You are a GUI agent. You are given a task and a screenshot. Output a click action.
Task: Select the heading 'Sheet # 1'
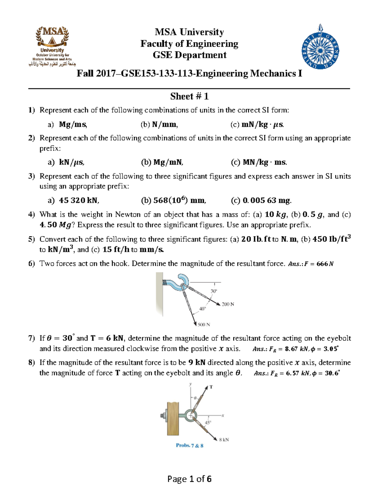(x=189, y=96)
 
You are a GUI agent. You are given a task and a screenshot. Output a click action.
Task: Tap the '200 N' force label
(x=228, y=304)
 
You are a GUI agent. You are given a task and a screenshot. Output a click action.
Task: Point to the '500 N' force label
(x=204, y=325)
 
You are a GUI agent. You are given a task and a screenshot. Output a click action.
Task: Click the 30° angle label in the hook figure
(x=214, y=291)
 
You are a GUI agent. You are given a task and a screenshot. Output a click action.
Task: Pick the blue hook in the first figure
(x=179, y=282)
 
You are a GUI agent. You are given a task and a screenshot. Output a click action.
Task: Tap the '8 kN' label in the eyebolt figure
(x=224, y=440)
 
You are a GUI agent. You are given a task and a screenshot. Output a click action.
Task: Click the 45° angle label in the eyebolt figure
(x=208, y=423)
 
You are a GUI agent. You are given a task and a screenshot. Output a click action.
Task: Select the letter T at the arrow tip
(x=211, y=387)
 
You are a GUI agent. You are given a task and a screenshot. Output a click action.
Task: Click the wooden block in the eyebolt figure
(x=173, y=418)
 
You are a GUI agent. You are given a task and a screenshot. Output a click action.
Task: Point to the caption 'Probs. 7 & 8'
(x=189, y=446)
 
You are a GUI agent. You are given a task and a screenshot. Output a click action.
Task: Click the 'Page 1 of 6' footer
(x=189, y=479)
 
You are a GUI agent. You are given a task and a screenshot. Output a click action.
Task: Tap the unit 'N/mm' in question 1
(x=165, y=125)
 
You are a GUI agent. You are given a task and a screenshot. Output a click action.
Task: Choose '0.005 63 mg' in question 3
(x=267, y=200)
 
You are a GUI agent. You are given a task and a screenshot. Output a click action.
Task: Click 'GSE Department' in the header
(x=189, y=55)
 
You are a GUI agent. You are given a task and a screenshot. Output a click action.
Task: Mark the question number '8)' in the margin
(x=31, y=363)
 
